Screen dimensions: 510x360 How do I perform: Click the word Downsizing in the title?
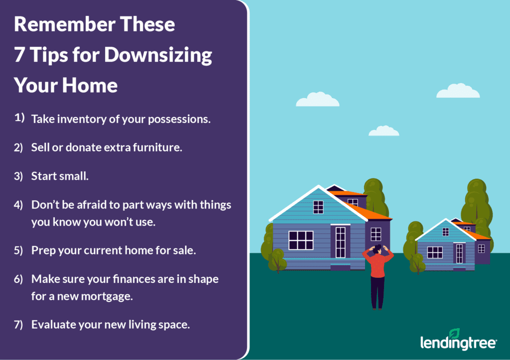coord(158,55)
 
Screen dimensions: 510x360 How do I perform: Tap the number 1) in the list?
coord(19,118)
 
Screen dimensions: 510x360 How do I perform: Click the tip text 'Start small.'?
coord(60,176)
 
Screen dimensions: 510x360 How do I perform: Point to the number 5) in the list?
coord(18,250)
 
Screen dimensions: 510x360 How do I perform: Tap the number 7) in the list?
coord(18,325)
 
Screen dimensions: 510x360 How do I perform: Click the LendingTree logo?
coord(458,340)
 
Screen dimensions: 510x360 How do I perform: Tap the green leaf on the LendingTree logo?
coord(454,333)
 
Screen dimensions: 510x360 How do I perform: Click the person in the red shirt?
coord(378,276)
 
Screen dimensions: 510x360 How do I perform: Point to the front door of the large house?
coord(341,242)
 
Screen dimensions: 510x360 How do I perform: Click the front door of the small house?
coord(459,253)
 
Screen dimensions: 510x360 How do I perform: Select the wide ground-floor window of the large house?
coord(301,240)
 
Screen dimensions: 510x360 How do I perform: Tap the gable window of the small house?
coord(446,232)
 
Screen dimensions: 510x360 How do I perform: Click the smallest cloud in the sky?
coord(384,131)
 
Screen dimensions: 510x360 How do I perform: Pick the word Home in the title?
coord(90,85)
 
